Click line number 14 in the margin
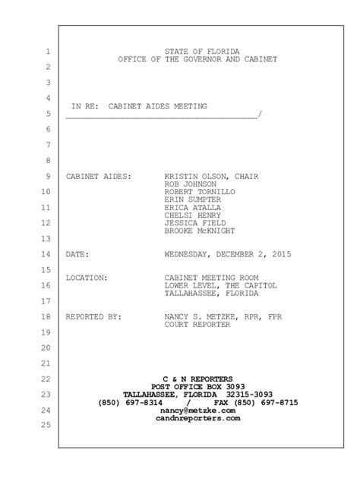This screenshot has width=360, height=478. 46,255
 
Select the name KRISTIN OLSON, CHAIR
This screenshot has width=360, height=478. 211,176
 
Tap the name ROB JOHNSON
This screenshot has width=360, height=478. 190,184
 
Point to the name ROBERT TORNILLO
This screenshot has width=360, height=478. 200,193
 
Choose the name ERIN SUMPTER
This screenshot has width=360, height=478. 193,200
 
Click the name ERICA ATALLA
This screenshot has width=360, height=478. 193,208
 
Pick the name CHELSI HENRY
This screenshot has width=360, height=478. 193,216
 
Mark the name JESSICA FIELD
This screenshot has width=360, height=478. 195,224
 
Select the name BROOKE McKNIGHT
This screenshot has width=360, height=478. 200,231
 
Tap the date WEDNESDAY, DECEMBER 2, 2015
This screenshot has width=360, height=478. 227,255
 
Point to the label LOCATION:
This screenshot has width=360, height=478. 87,278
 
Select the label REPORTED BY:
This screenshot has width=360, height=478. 92,316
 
